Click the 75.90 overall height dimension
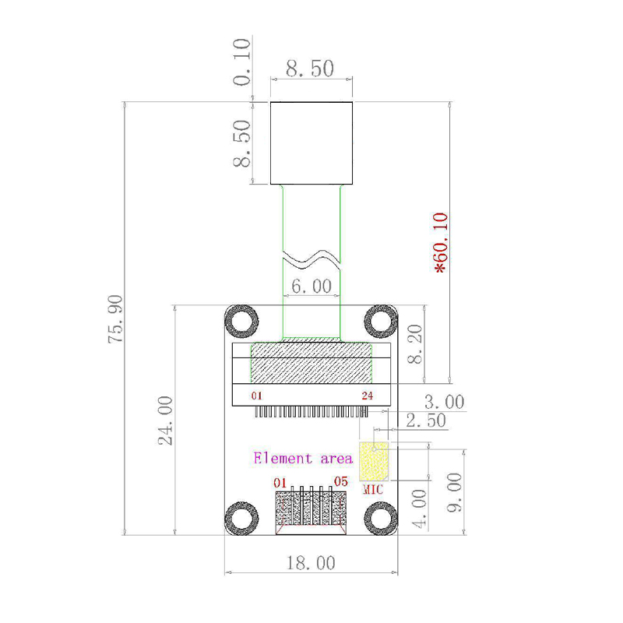(115, 319)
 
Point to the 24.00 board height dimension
(165, 420)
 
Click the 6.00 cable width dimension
(311, 286)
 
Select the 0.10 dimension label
(242, 62)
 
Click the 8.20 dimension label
(416, 344)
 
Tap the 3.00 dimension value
(443, 402)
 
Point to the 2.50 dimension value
(425, 421)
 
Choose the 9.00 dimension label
(454, 492)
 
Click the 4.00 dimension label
(418, 509)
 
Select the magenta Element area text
(303, 458)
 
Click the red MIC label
(374, 490)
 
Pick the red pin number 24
(367, 396)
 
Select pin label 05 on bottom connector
(341, 481)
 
